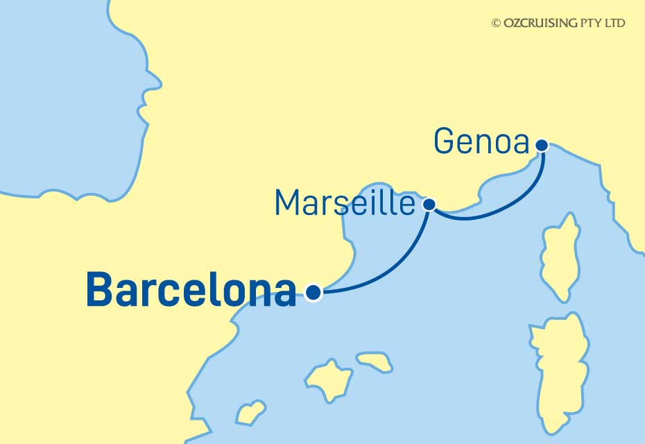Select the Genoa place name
coord(481,142)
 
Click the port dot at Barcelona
coord(313,293)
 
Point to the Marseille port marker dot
coord(429,204)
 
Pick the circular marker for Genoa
coord(542,145)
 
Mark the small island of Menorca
coord(375,361)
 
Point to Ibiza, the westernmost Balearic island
coord(251,412)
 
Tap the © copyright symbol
coord(496,23)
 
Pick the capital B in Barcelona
coord(98,291)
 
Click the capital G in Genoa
coord(445,142)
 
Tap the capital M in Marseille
coord(288,203)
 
